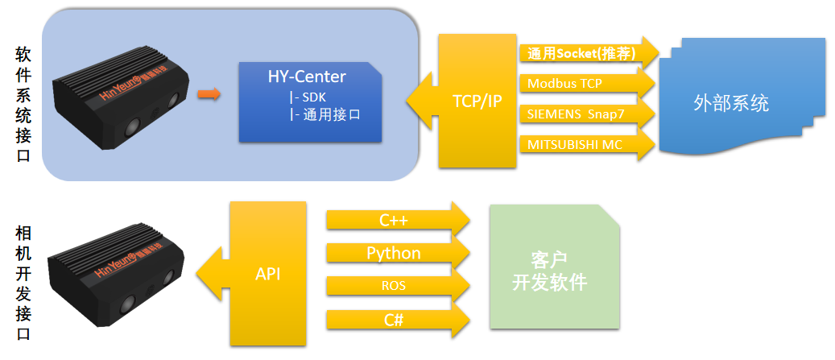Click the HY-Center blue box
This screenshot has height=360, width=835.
(311, 102)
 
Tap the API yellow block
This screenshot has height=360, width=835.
(267, 274)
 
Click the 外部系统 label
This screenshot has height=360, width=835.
(731, 103)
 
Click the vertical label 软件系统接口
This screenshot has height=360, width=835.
(23, 105)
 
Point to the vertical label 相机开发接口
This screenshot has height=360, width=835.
(23, 283)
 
